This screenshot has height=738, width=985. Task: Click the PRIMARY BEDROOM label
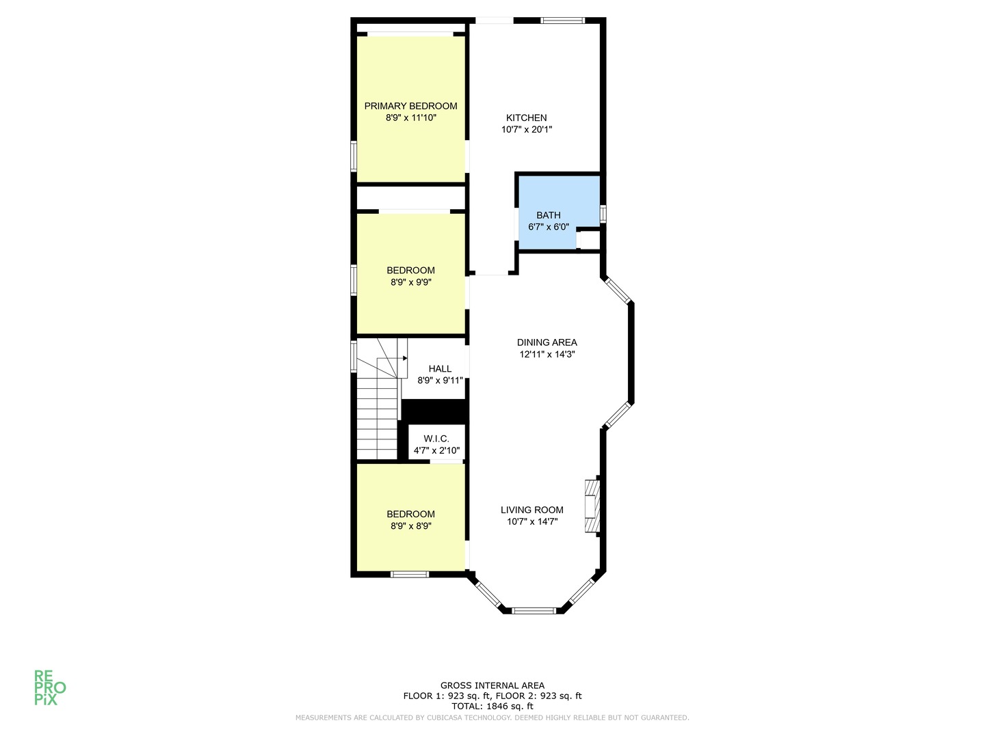410,106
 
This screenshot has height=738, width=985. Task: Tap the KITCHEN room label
526,118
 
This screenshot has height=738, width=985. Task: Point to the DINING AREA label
547,342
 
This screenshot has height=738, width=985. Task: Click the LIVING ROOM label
531,510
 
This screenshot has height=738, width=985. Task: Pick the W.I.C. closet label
436,439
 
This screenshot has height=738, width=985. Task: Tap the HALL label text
440,369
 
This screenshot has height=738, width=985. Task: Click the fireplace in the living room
592,506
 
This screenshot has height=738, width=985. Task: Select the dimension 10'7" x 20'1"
527,130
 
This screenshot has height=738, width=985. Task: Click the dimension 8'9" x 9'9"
410,282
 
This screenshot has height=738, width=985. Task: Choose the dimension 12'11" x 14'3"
547,355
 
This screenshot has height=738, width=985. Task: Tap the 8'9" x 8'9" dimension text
410,526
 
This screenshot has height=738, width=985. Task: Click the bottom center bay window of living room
534,611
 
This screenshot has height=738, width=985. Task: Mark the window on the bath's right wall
603,214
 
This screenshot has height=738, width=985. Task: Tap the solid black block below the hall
434,411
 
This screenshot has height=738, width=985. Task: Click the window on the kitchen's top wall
563,20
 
